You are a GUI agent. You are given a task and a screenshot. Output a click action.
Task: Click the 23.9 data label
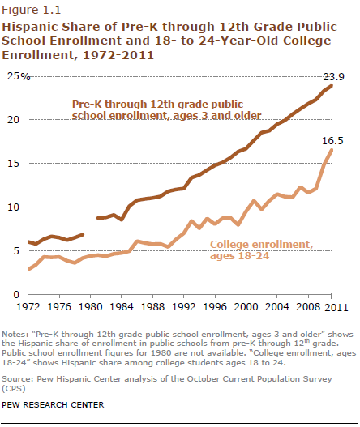point(333,77)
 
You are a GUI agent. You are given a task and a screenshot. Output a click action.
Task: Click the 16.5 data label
point(332,141)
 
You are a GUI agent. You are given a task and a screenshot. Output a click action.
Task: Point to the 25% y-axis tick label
point(19,76)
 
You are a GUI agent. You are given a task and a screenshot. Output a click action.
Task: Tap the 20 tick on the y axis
point(13,120)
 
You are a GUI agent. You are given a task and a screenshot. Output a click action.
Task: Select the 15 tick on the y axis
point(13,164)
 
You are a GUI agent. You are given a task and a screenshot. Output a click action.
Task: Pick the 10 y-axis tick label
point(13,207)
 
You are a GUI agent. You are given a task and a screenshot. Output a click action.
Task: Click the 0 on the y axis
point(16,295)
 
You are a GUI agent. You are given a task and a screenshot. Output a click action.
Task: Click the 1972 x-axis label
point(28,307)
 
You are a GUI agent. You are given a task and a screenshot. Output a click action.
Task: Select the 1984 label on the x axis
point(122,307)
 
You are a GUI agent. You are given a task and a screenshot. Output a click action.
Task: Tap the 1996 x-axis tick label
point(215,307)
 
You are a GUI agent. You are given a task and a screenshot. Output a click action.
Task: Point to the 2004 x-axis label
point(276,307)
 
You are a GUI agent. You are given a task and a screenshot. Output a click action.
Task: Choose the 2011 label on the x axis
point(336,307)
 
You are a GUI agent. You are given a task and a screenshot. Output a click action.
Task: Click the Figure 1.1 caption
point(32,10)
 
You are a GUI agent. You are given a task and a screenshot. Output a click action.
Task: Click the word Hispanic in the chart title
point(29,27)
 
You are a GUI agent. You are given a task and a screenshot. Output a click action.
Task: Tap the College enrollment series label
point(261,250)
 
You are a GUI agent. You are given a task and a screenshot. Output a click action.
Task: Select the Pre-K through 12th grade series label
point(166,109)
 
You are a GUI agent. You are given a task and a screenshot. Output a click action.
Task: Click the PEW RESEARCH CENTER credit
point(53,404)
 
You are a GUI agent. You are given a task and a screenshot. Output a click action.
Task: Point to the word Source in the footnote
point(17,379)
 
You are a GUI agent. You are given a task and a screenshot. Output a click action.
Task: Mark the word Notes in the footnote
point(15,335)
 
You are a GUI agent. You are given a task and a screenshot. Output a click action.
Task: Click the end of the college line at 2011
point(332,150)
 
